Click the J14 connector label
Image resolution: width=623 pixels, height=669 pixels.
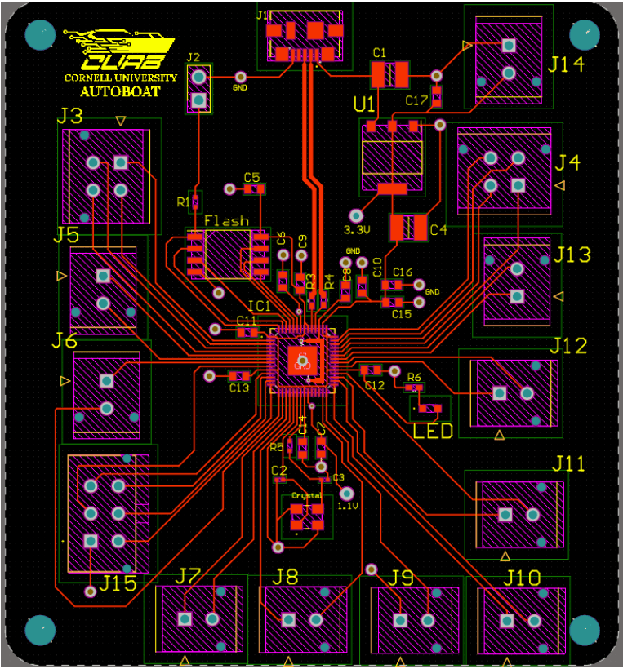tap(567, 64)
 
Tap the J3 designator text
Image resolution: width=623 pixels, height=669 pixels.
tap(70, 116)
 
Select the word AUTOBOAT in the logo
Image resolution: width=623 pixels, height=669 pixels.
tap(120, 91)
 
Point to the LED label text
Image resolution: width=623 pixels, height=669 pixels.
tap(433, 431)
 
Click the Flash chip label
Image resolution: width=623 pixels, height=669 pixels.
tap(226, 221)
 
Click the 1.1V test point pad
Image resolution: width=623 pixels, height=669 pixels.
tap(346, 493)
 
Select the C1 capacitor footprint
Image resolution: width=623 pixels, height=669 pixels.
tap(389, 75)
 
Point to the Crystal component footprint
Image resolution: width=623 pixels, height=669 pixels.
tap(305, 516)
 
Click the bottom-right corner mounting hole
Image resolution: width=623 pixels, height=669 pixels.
tap(585, 629)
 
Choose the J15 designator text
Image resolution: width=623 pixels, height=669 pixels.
tap(118, 583)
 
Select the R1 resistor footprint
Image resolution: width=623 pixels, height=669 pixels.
tap(197, 201)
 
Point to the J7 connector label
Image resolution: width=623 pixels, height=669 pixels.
tap(189, 577)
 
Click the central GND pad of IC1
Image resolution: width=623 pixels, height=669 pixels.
tap(301, 360)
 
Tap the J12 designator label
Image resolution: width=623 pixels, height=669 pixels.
tap(568, 346)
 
